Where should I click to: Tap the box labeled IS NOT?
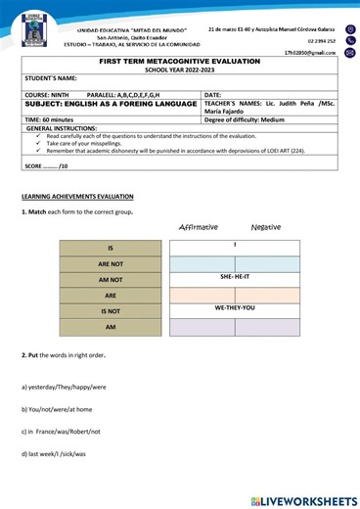pyautogui.click(x=110, y=310)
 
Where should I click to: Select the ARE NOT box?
pyautogui.click(x=110, y=263)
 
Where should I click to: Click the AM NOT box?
pyautogui.click(x=110, y=279)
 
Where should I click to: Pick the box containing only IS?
pyautogui.click(x=110, y=248)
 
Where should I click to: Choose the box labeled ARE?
pyautogui.click(x=110, y=295)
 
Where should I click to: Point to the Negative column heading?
pyautogui.click(x=265, y=226)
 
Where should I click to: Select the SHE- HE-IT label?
pyautogui.click(x=235, y=277)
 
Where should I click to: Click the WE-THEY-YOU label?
pyautogui.click(x=235, y=308)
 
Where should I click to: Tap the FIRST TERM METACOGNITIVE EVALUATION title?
pyautogui.click(x=180, y=61)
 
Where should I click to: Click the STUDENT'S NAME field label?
pyautogui.click(x=51, y=77)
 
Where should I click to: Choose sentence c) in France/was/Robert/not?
pyautogui.click(x=64, y=431)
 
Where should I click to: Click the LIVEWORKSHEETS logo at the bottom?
pyautogui.click(x=302, y=500)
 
